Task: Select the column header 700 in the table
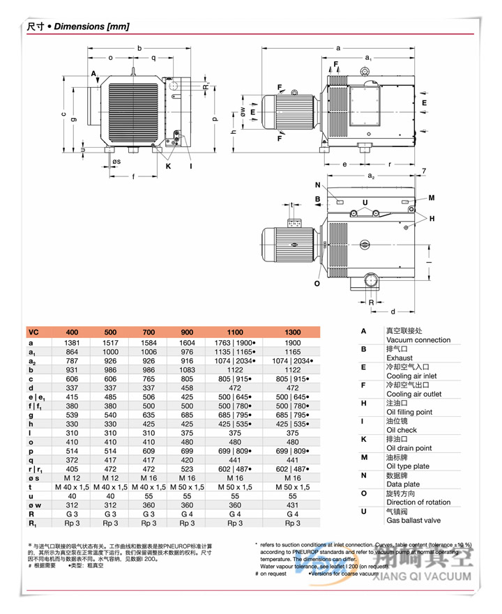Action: pyautogui.click(x=149, y=332)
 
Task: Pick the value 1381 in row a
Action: pyautogui.click(x=72, y=343)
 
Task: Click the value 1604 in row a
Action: pyautogui.click(x=187, y=343)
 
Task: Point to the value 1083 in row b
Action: pyautogui.click(x=187, y=370)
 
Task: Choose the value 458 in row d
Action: pyautogui.click(x=187, y=388)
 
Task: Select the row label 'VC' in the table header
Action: pyautogui.click(x=33, y=332)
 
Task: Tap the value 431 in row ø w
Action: pyautogui.click(x=292, y=505)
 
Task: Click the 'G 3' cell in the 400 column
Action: pyautogui.click(x=72, y=514)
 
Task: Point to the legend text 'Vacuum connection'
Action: pyautogui.click(x=418, y=340)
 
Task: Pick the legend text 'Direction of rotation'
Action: pyautogui.click(x=418, y=502)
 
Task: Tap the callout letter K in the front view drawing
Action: pyautogui.click(x=168, y=166)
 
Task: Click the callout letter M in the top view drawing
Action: pyautogui.click(x=431, y=198)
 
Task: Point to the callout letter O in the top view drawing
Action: pyautogui.click(x=317, y=283)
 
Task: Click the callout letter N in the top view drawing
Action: pyautogui.click(x=317, y=185)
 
